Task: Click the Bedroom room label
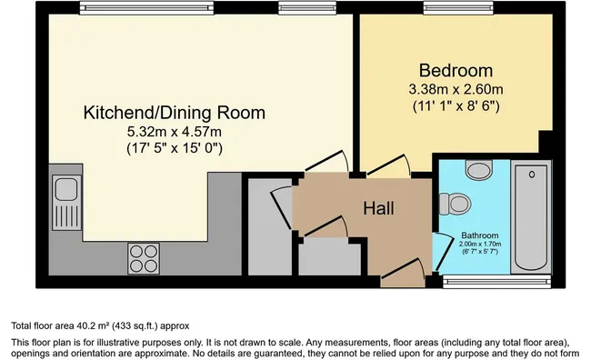(456, 71)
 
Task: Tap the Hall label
(378, 208)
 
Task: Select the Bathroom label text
(480, 235)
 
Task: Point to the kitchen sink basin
(66, 188)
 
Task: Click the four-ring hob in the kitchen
(144, 258)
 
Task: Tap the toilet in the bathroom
(455, 204)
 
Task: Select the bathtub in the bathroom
(531, 217)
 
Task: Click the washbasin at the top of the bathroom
(479, 169)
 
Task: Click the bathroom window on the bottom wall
(496, 282)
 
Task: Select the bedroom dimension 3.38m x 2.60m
(456, 89)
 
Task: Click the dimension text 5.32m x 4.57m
(175, 132)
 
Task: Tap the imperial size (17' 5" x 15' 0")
(175, 148)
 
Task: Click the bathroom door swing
(442, 251)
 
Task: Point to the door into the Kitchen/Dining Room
(326, 161)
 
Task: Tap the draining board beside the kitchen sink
(66, 216)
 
